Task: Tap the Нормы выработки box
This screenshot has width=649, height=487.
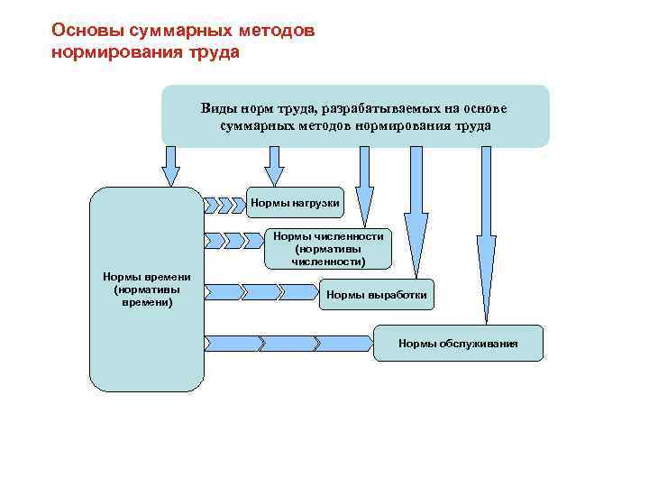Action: coord(376,295)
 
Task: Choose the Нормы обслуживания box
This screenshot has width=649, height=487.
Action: coord(458,344)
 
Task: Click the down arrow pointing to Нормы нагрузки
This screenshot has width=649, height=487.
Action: coord(274,166)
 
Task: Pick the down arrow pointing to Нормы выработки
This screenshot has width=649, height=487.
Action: coord(416,209)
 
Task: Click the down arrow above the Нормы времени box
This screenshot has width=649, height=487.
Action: coord(170,166)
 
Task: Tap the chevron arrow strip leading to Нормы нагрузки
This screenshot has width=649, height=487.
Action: coord(224,204)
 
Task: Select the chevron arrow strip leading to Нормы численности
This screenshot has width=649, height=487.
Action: coord(237,240)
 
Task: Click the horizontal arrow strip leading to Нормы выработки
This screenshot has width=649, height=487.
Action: coord(262,291)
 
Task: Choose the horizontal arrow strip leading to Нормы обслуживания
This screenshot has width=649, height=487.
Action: coord(288,343)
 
